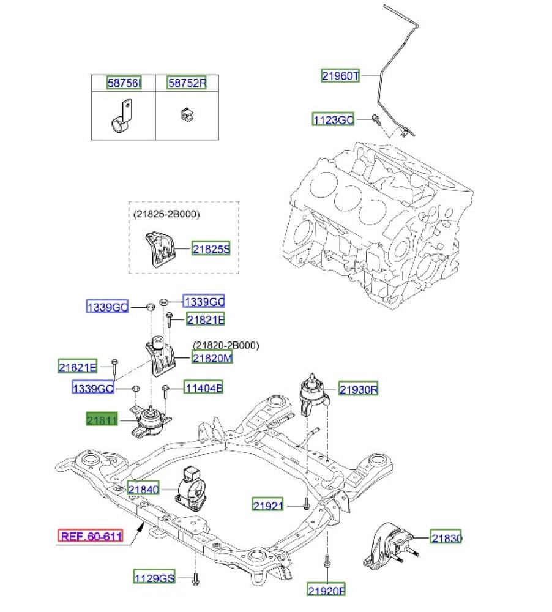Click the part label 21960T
pyautogui.click(x=341, y=76)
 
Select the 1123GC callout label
pyautogui.click(x=333, y=120)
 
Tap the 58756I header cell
pyautogui.click(x=124, y=83)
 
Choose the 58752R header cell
pyautogui.click(x=187, y=83)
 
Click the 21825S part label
pyautogui.click(x=211, y=249)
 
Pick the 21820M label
pyautogui.click(x=212, y=359)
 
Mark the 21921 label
pyautogui.click(x=269, y=505)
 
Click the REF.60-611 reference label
pyautogui.click(x=90, y=537)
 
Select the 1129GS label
pyautogui.click(x=155, y=577)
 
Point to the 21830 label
pyautogui.click(x=446, y=539)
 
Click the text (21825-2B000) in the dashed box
pyautogui.click(x=166, y=214)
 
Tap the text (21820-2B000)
pyautogui.click(x=226, y=346)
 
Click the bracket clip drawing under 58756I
pyautogui.click(x=122, y=118)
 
